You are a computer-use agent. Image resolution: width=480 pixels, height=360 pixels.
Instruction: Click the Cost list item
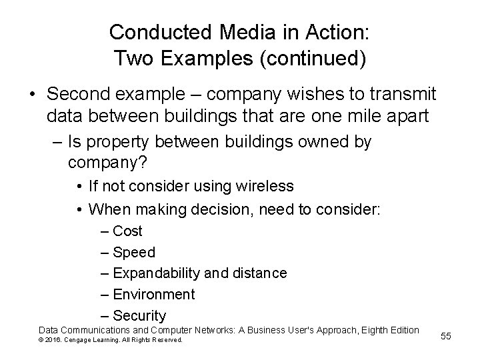127,231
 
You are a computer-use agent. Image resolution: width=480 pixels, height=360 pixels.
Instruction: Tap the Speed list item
133,252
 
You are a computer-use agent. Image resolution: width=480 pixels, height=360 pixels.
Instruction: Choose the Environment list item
153,294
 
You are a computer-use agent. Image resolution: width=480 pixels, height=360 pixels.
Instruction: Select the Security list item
139,315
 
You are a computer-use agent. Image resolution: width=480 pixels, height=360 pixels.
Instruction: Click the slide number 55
446,336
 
